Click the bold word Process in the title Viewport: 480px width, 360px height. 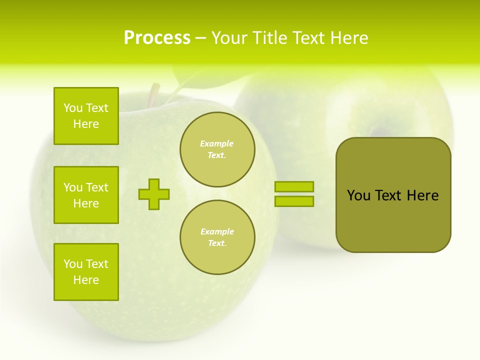coord(157,38)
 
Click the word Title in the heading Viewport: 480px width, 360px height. coord(268,38)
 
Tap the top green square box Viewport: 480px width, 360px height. coord(86,116)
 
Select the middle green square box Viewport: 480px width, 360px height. coord(86,195)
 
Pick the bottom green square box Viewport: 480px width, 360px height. coord(86,272)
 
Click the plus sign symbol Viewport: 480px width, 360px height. coord(154,194)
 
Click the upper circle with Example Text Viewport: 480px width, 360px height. coord(217,149)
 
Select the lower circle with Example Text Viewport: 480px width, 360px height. coord(217,237)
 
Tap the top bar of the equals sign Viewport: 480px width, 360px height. coord(294,186)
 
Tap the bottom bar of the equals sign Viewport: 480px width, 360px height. coord(294,201)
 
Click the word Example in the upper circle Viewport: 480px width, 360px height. coord(217,144)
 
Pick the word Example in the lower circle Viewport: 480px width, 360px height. coord(217,232)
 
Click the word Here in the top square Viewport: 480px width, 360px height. coord(86,124)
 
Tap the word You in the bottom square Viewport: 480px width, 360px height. coord(72,264)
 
